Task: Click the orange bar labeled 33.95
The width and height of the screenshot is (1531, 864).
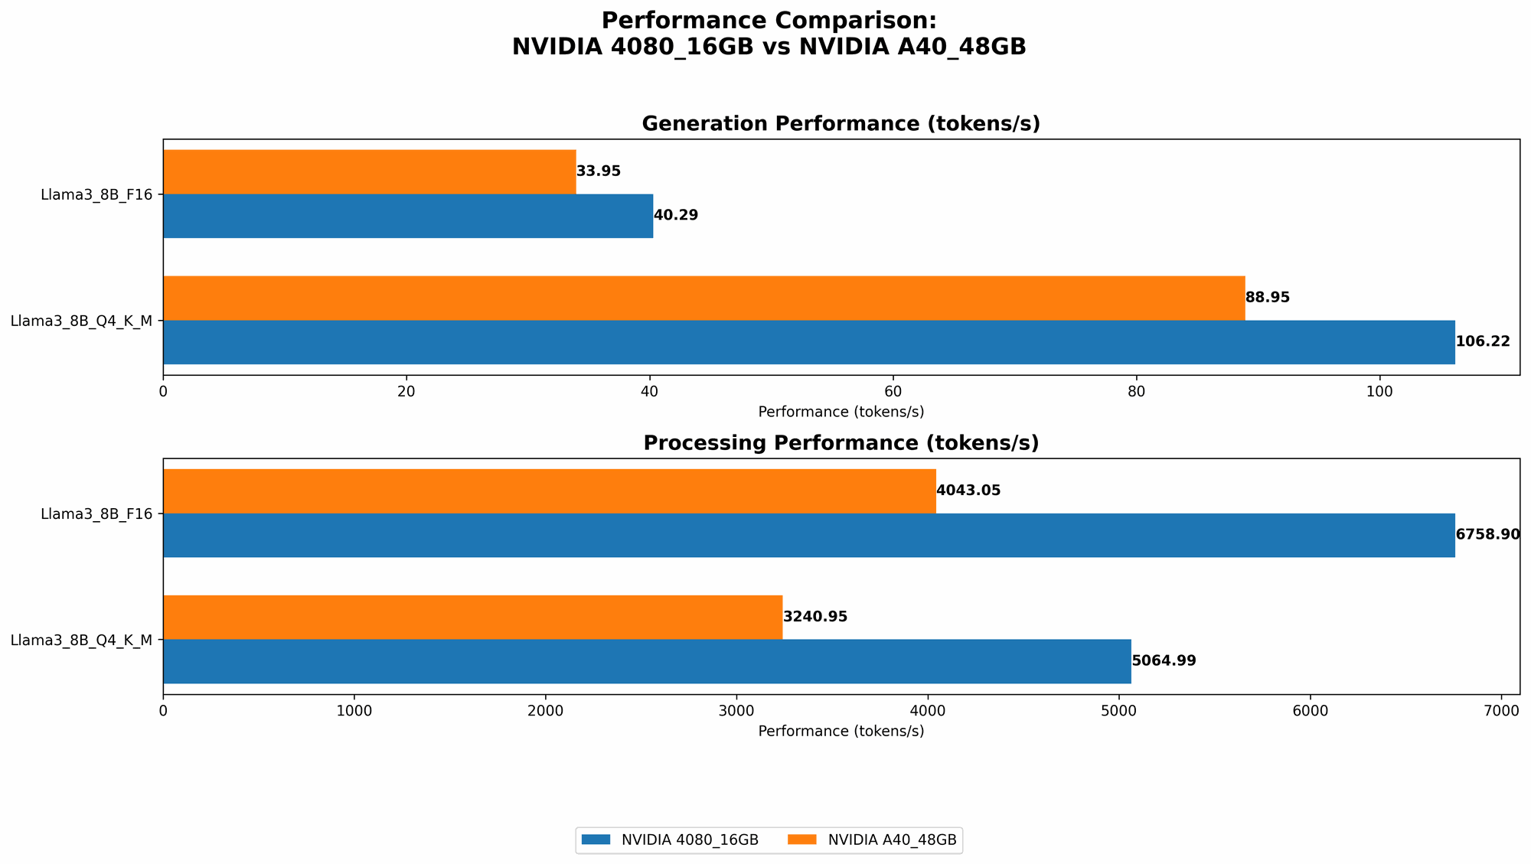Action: [369, 171]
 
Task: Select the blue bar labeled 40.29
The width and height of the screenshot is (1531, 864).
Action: [407, 216]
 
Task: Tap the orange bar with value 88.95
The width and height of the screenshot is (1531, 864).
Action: [703, 298]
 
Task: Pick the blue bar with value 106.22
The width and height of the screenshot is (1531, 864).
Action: [808, 342]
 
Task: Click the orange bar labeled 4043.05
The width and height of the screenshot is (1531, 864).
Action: [549, 491]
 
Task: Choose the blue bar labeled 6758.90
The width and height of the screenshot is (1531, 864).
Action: [808, 535]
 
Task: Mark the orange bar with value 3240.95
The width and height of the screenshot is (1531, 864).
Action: [472, 617]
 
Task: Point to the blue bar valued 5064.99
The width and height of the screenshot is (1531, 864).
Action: [647, 661]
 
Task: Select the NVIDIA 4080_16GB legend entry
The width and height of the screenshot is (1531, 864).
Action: [671, 840]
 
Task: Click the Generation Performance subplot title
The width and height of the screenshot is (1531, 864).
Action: [841, 124]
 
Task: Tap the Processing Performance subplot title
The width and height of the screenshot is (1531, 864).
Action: [841, 443]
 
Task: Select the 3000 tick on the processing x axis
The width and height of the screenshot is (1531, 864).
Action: [736, 711]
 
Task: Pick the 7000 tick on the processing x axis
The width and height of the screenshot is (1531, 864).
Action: [1501, 711]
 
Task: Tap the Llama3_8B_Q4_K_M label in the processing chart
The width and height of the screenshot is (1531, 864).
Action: [81, 640]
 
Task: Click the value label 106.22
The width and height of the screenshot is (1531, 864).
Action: [1483, 342]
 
